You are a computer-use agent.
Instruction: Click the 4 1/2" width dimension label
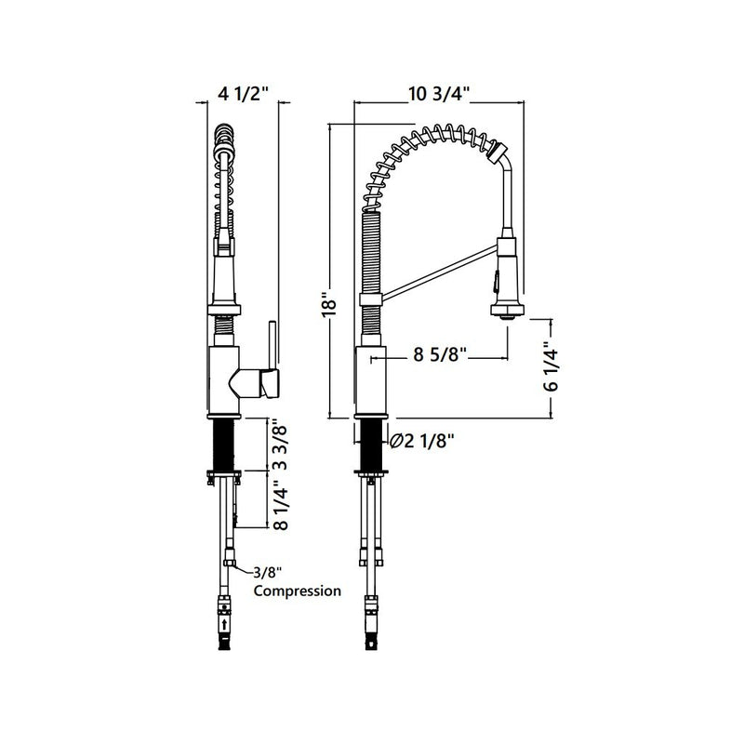click(x=242, y=93)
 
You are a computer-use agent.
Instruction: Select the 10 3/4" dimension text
click(x=438, y=93)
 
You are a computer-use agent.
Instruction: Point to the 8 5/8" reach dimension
click(x=437, y=355)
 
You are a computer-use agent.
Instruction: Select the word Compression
click(x=297, y=591)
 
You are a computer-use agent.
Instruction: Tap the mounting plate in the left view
click(x=222, y=475)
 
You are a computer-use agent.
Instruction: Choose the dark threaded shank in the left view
click(x=222, y=446)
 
